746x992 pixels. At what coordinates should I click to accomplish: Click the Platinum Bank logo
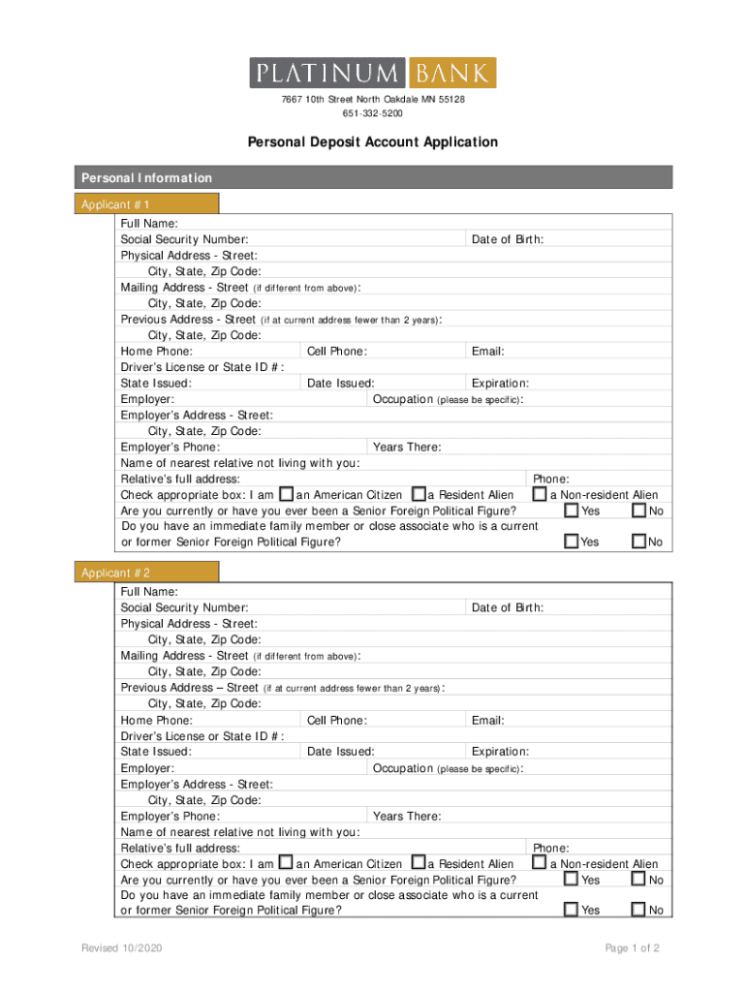point(373,73)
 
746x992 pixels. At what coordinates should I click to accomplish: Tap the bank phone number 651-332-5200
point(373,113)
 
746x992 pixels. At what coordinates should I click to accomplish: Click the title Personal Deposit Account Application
point(373,142)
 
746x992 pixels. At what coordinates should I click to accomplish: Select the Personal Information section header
point(146,178)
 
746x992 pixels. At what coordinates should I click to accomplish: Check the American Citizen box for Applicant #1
point(286,494)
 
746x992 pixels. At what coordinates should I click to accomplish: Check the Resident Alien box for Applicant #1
point(419,494)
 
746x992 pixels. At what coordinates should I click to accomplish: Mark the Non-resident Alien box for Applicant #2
point(539,862)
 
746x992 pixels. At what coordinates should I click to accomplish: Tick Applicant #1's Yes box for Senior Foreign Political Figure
point(572,510)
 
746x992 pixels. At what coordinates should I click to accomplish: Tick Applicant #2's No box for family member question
point(638,909)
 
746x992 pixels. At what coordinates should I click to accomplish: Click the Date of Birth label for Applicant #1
point(507,240)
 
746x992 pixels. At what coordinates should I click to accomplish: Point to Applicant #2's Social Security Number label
point(184,607)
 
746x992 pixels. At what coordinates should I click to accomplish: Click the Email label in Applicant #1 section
point(487,352)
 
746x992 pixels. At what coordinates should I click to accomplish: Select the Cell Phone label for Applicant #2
point(336,720)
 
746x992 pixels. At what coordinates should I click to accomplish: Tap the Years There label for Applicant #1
point(407,447)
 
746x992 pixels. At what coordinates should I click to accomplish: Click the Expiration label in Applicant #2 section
point(500,751)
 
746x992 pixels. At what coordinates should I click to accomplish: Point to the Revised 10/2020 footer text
point(121,948)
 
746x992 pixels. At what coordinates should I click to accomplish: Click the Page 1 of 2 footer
point(632,948)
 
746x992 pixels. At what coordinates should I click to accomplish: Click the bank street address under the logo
point(373,101)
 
